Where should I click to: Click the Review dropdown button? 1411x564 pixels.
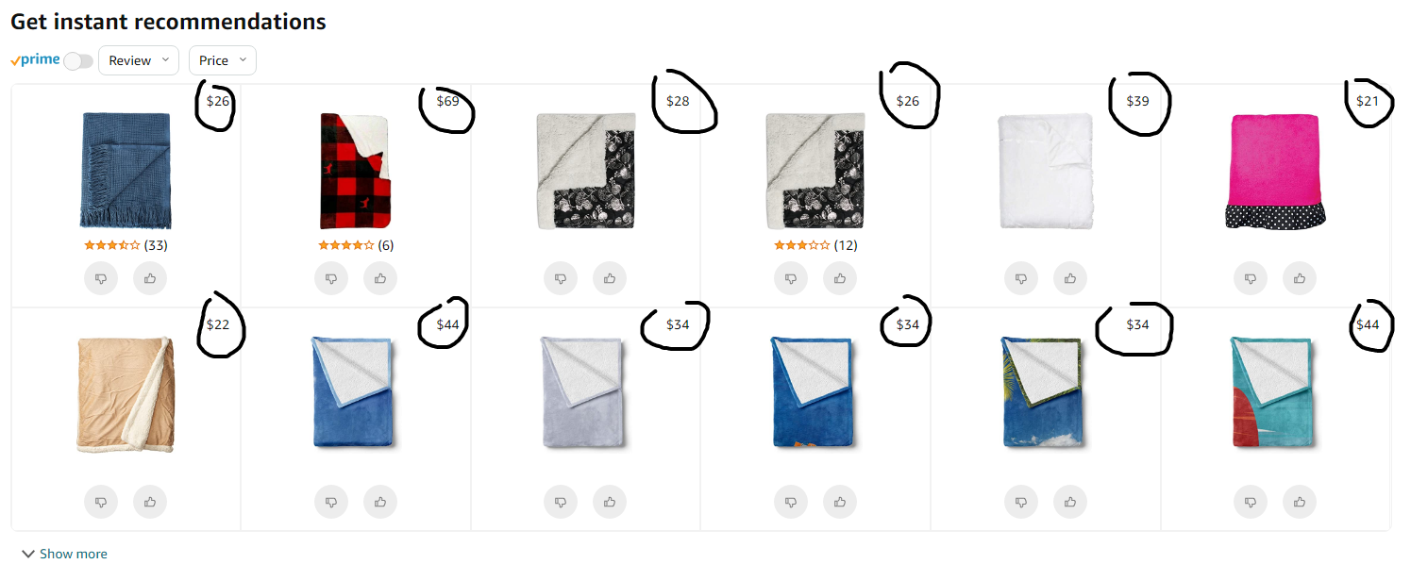click(x=138, y=60)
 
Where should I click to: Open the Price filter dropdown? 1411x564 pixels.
click(x=222, y=60)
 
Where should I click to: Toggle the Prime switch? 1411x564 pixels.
click(x=78, y=60)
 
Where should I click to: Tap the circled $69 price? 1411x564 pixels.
click(x=447, y=101)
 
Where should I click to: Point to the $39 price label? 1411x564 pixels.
click(x=1137, y=101)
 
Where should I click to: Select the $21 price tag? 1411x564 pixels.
click(x=1368, y=101)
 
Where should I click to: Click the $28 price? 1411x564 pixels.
click(x=678, y=101)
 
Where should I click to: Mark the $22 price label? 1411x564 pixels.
click(x=218, y=324)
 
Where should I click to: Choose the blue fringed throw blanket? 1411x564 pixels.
click(x=126, y=171)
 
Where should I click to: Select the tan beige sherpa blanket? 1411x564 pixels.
click(x=126, y=394)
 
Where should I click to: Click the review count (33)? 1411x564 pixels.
click(x=156, y=245)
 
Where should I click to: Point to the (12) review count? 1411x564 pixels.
click(x=846, y=245)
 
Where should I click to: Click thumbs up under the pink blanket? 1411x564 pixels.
click(x=1300, y=278)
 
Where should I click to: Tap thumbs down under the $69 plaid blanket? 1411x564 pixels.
click(x=331, y=278)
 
